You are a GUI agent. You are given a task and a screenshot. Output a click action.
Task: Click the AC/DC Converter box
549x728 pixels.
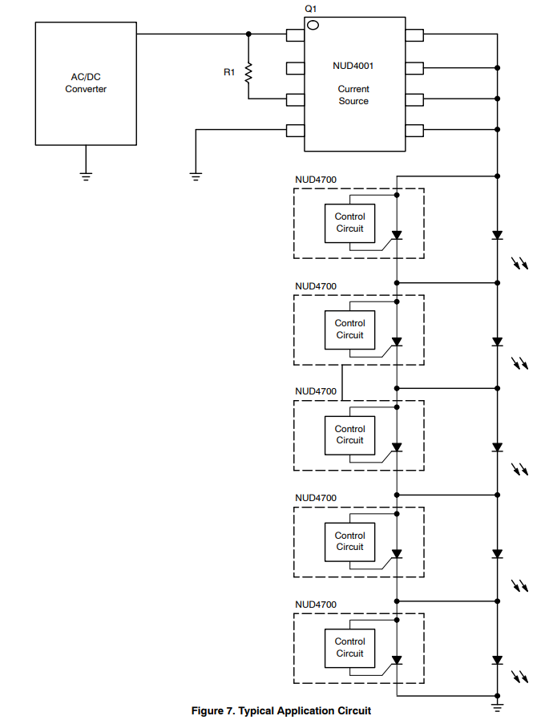(x=86, y=83)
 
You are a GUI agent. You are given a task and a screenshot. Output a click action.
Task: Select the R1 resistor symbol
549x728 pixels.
(x=248, y=73)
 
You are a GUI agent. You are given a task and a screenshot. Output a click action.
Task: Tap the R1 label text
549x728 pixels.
(x=229, y=72)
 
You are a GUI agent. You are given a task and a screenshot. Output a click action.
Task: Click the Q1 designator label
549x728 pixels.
(x=311, y=8)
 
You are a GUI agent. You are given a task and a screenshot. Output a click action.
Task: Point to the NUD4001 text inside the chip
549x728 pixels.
(x=353, y=66)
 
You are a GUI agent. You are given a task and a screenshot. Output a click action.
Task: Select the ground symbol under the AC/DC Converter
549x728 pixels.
(x=86, y=172)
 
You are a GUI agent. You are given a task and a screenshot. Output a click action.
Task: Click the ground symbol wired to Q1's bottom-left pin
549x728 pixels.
(x=196, y=173)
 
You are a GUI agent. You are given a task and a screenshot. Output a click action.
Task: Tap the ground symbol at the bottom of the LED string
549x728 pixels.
(x=498, y=706)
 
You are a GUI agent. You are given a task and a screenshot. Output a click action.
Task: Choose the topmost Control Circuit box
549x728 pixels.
(x=349, y=223)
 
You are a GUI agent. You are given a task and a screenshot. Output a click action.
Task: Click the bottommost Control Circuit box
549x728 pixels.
(x=349, y=648)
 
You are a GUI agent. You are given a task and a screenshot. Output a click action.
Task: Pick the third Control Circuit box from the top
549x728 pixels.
(x=349, y=435)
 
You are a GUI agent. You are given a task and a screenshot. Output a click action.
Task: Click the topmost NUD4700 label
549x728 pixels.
(x=316, y=180)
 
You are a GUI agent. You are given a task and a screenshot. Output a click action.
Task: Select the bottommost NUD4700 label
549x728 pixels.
(x=316, y=605)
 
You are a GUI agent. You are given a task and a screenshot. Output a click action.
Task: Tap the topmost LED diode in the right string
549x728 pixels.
(x=498, y=236)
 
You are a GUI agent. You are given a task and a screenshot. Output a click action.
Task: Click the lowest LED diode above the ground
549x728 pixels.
(x=498, y=661)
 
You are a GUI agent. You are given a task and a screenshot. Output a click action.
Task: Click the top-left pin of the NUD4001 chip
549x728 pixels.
(x=295, y=34)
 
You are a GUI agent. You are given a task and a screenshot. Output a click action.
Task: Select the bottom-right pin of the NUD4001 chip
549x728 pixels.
(x=414, y=131)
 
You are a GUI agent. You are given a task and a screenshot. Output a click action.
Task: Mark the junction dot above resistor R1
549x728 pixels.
(x=248, y=34)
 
